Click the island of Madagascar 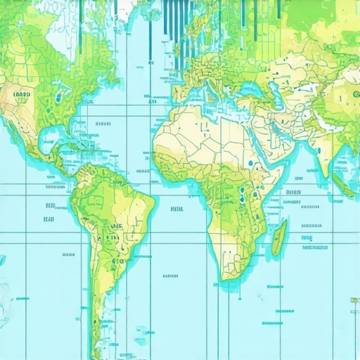[279, 238]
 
